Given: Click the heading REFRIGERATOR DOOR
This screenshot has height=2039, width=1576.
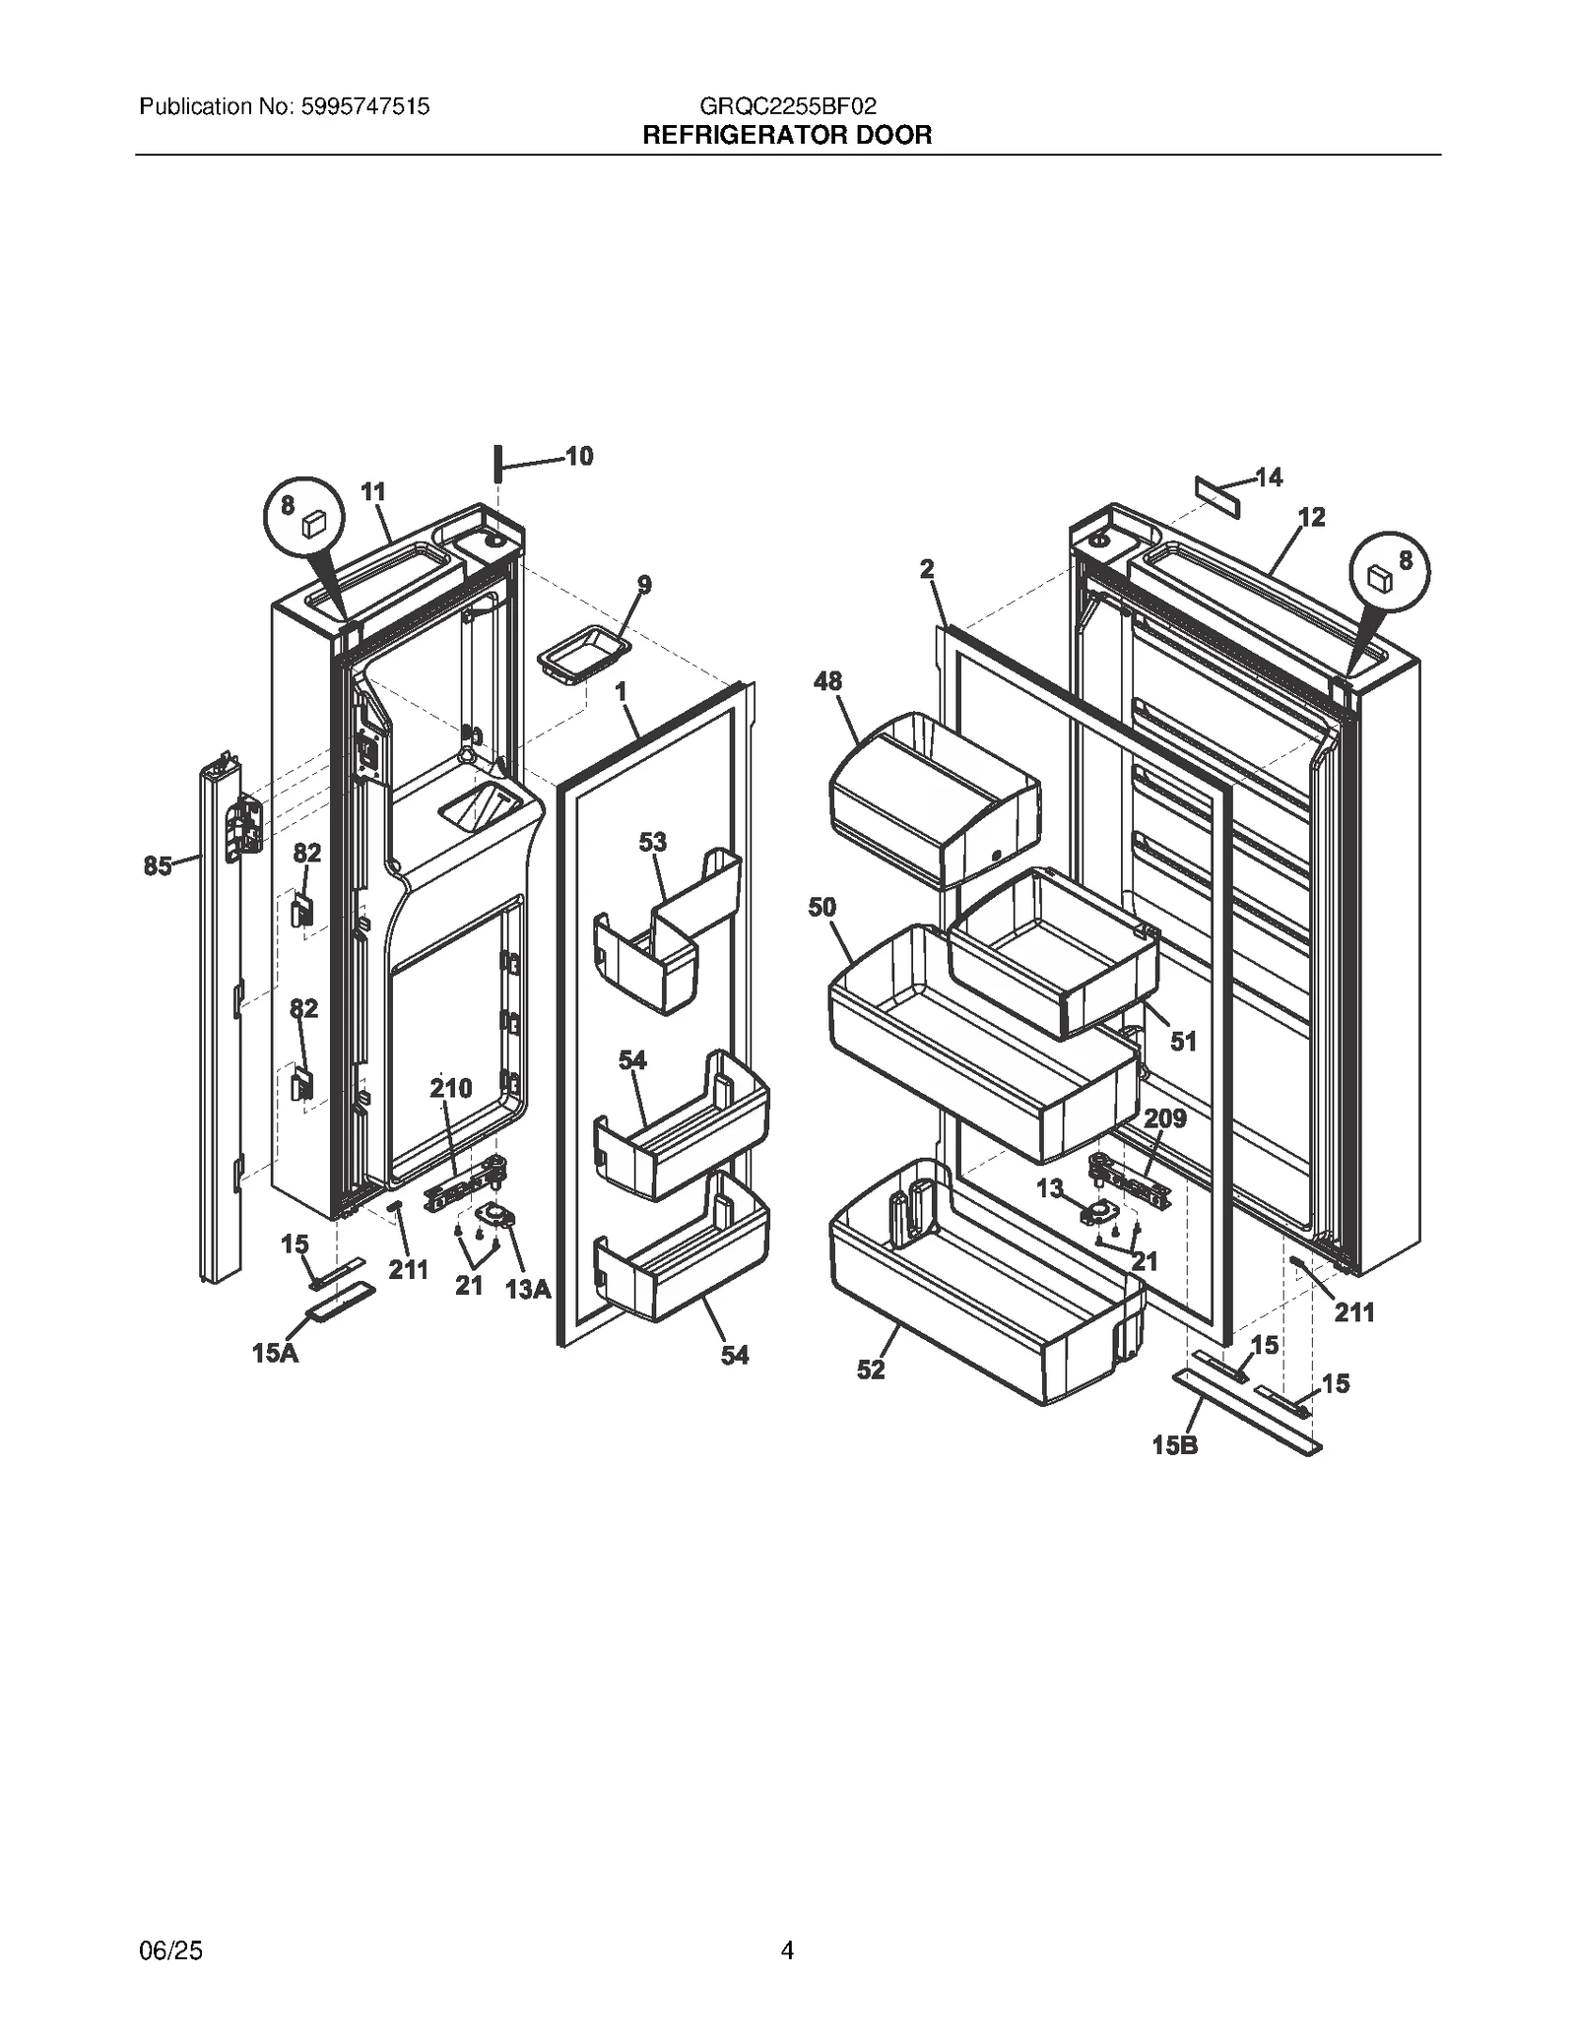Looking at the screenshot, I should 786,135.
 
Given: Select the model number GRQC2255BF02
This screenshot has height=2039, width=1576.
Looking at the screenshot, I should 787,106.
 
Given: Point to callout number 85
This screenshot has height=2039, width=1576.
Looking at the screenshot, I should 158,865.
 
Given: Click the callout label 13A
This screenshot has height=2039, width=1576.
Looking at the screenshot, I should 528,1289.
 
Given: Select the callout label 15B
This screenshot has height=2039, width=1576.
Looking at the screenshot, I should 1175,1446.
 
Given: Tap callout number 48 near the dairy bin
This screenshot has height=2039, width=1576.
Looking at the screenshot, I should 827,681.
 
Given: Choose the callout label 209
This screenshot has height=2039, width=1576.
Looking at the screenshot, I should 1164,1118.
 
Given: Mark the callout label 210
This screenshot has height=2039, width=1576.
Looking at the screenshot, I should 451,1088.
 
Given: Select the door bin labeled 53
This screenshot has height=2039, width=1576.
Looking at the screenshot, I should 670,935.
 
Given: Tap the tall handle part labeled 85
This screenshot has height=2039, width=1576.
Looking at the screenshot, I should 219,1024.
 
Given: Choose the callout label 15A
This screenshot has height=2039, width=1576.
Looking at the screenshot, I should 275,1354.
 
